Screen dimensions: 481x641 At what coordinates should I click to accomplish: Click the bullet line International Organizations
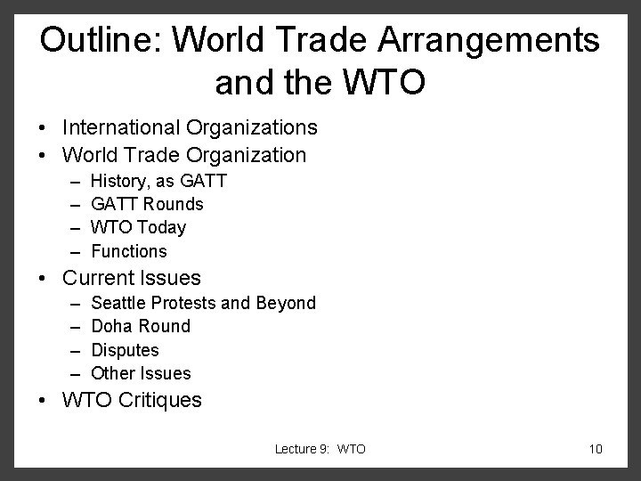(x=190, y=128)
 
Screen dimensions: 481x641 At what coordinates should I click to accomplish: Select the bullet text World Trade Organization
(x=184, y=155)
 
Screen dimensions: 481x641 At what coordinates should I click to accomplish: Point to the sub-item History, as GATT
(x=159, y=181)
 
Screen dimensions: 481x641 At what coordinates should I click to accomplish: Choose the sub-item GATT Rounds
(x=148, y=204)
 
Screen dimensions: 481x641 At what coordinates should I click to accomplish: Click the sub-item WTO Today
(x=139, y=227)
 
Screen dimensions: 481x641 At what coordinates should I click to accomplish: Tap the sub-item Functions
(x=129, y=251)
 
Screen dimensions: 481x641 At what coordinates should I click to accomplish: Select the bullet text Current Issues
(x=132, y=278)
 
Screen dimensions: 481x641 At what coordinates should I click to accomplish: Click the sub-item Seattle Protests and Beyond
(x=204, y=303)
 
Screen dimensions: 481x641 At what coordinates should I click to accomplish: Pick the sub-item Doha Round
(x=141, y=326)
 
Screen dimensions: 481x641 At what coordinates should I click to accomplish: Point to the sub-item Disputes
(x=126, y=350)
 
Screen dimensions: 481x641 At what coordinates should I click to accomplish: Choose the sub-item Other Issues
(x=141, y=373)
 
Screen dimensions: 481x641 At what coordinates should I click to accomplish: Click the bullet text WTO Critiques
(x=132, y=400)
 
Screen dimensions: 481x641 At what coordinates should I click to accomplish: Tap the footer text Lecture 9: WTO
(x=320, y=449)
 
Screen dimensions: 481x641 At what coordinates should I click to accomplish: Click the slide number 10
(x=596, y=449)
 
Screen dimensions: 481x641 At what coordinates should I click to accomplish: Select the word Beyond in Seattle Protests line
(x=286, y=303)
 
